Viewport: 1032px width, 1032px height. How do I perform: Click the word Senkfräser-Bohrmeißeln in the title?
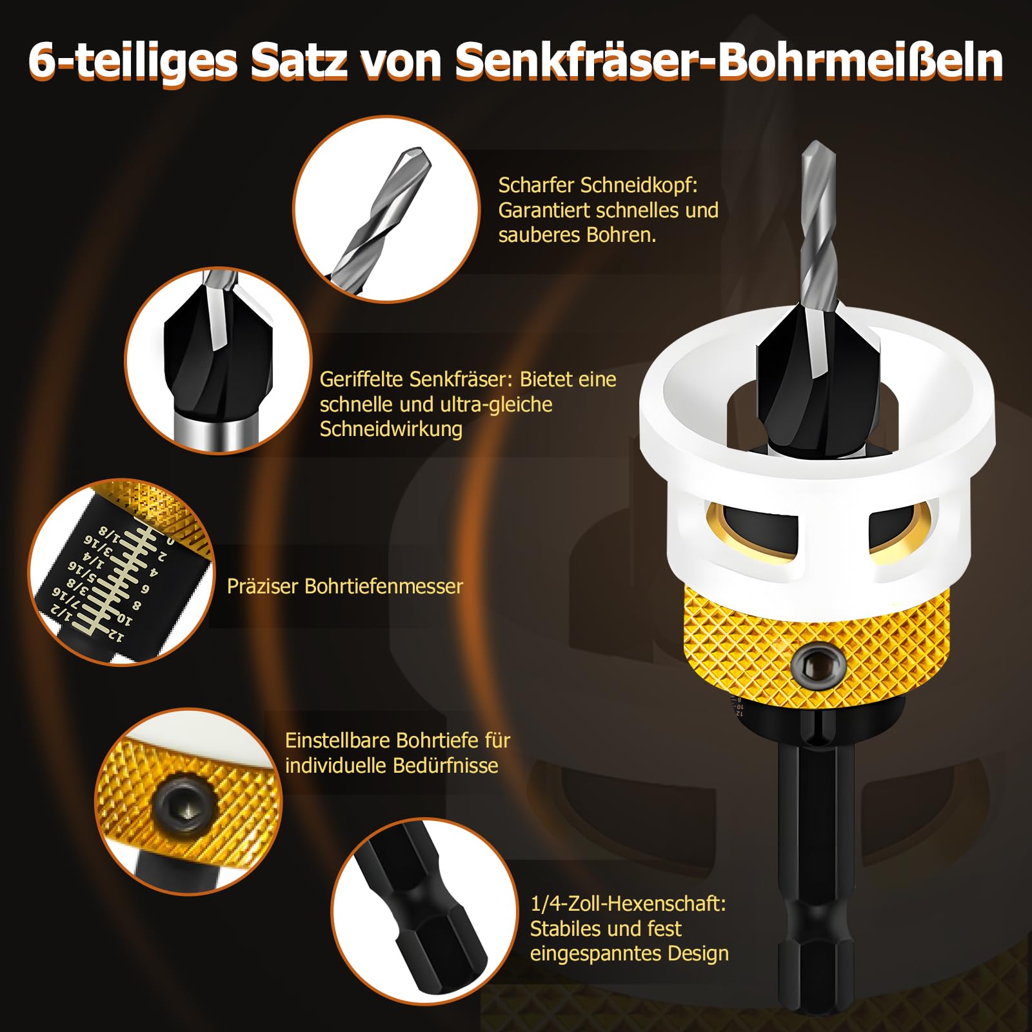pos(729,61)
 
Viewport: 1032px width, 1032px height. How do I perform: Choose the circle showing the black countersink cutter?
pos(218,361)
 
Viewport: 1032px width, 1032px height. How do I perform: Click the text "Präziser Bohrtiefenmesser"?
pos(345,586)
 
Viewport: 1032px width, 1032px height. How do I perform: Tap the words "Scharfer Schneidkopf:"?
pos(598,186)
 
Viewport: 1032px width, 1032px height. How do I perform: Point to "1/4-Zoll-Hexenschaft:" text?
pos(628,904)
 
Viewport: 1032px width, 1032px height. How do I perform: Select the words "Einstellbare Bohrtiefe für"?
pos(397,740)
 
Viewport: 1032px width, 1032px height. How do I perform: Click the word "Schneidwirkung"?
pos(391,430)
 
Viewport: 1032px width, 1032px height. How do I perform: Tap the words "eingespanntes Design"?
pos(629,953)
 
